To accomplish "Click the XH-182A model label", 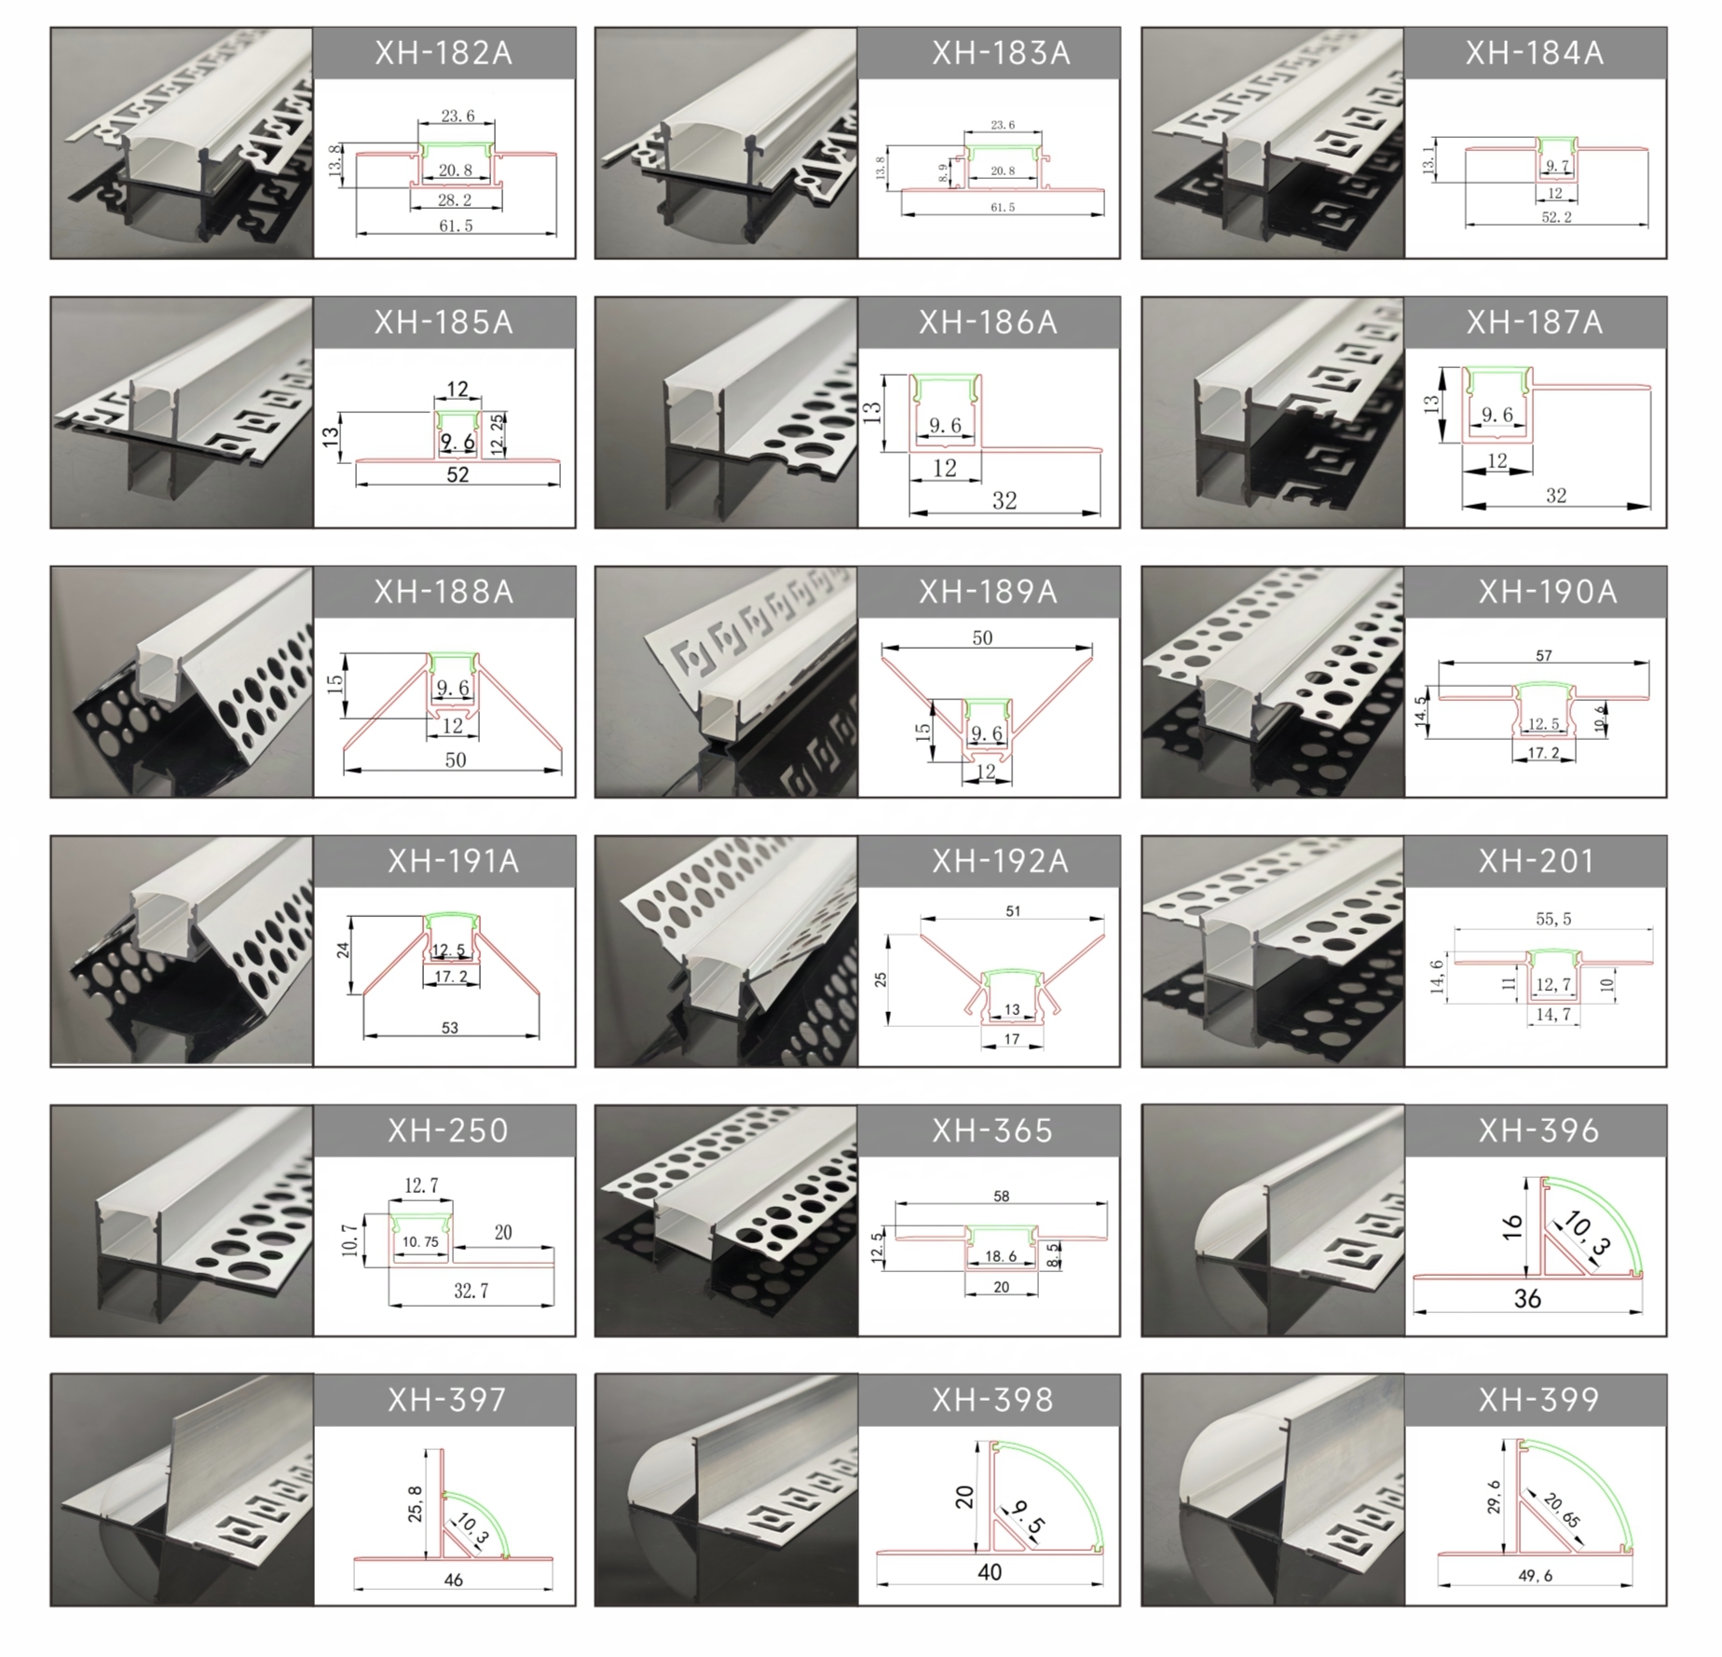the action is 444,53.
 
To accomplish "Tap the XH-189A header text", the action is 988,592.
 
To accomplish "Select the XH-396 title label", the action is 1538,1130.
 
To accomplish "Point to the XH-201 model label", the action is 1537,861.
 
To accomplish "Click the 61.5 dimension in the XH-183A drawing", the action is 1003,207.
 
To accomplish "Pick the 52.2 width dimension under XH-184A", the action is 1556,217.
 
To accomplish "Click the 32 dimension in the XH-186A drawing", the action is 1004,500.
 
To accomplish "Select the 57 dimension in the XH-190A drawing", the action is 1544,655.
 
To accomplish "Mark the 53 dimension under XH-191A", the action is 450,1028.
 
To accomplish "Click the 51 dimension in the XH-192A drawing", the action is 1013,911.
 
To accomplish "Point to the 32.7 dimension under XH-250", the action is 471,1291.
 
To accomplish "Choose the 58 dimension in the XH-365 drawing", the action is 1002,1196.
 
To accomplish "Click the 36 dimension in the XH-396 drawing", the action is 1527,1298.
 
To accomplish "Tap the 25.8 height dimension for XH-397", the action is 416,1503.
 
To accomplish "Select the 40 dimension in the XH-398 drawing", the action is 990,1572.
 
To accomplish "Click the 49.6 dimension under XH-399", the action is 1536,1576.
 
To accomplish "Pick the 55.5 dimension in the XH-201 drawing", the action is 1553,919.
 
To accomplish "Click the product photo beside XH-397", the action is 183,1489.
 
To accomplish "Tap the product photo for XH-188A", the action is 183,681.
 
